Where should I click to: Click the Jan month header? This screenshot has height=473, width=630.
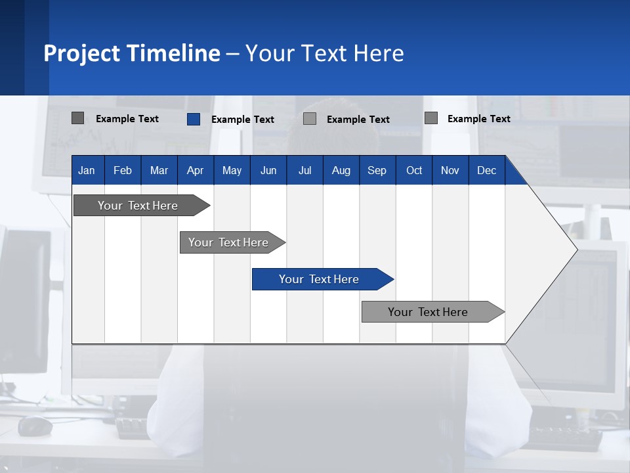[x=87, y=170]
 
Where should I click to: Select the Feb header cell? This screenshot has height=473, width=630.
[x=123, y=170]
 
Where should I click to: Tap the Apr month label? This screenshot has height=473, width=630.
[x=195, y=170]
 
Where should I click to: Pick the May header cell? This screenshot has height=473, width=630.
[x=232, y=170]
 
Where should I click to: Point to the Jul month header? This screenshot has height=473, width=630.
[x=304, y=170]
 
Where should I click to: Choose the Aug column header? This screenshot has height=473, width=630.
[x=341, y=170]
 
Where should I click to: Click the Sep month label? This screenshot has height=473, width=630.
[x=377, y=170]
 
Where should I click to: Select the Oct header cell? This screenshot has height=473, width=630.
[x=414, y=170]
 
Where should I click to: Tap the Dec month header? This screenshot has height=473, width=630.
[x=486, y=170]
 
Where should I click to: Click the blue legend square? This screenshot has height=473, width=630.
[x=194, y=119]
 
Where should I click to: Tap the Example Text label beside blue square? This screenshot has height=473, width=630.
[x=243, y=120]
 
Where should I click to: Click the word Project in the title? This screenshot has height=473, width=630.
[x=82, y=53]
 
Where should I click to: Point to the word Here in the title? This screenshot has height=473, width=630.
[x=379, y=53]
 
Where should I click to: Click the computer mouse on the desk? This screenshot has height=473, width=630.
[x=35, y=426]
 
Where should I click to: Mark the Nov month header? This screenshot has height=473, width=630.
[x=450, y=170]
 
